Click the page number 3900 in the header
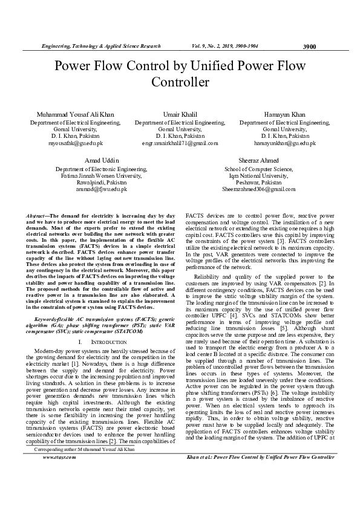309,46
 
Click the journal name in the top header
100,46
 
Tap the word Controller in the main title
180,82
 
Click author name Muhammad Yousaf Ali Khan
75,114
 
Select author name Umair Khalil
180,114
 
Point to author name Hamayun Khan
284,114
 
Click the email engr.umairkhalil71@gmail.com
180,143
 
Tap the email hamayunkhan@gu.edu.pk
284,143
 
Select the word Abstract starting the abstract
39,216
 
